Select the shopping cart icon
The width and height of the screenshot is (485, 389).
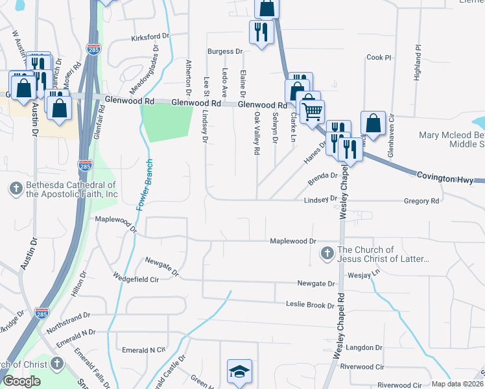(x=313, y=112)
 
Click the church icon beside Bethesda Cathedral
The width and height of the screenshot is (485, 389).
(x=16, y=189)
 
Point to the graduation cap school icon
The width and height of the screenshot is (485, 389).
(x=239, y=371)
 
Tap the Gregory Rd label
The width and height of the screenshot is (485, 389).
(x=421, y=201)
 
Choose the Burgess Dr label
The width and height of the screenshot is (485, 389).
(x=224, y=51)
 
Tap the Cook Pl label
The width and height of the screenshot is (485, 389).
(x=379, y=58)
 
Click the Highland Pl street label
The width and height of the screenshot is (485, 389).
(x=418, y=62)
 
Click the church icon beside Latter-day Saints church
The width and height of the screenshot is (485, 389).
(x=327, y=253)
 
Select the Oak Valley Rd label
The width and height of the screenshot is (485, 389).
(x=257, y=133)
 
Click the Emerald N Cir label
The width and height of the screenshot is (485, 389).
(x=144, y=349)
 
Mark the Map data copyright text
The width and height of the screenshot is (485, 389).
(x=456, y=384)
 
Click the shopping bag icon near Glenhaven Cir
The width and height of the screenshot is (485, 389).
(x=375, y=123)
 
